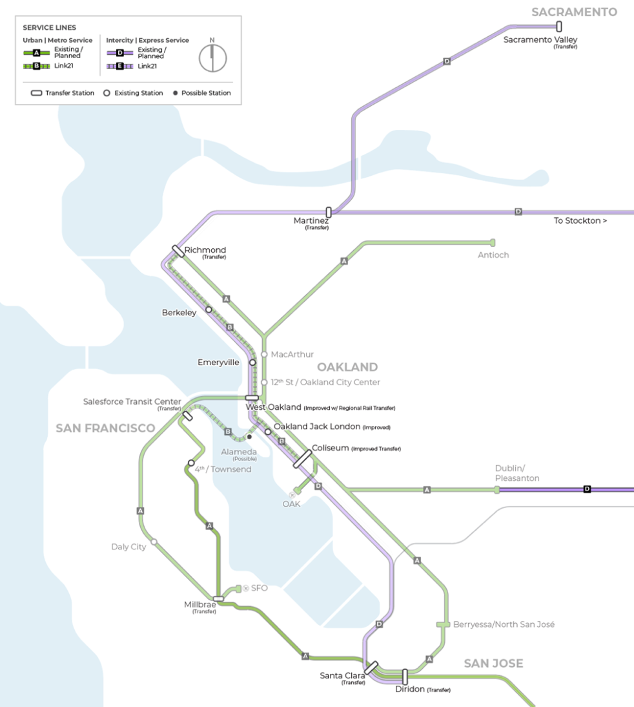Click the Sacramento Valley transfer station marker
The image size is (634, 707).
pyautogui.click(x=559, y=26)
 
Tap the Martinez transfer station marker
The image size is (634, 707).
pyautogui.click(x=329, y=212)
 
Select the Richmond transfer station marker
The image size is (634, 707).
pyautogui.click(x=178, y=251)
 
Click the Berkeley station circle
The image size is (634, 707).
pyautogui.click(x=209, y=310)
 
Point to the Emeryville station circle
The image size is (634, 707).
pyautogui.click(x=253, y=363)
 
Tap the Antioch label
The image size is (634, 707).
pyautogui.click(x=493, y=255)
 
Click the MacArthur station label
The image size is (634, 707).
pyautogui.click(x=292, y=355)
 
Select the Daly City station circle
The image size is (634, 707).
pyautogui.click(x=154, y=542)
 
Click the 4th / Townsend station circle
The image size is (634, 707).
pyautogui.click(x=191, y=463)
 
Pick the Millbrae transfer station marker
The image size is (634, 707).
pyautogui.click(x=218, y=599)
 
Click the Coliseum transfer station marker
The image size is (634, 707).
pyautogui.click(x=303, y=459)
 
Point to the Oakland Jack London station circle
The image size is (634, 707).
pyautogui.click(x=268, y=432)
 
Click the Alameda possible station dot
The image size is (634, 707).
pyautogui.click(x=249, y=437)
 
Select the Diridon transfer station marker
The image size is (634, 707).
pyautogui.click(x=405, y=677)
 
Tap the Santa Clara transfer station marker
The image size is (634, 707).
pyautogui.click(x=371, y=668)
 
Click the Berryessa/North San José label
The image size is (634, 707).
pyautogui.click(x=504, y=624)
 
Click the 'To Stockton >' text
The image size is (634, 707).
pyautogui.click(x=580, y=221)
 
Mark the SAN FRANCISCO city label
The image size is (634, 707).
pyautogui.click(x=105, y=428)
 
